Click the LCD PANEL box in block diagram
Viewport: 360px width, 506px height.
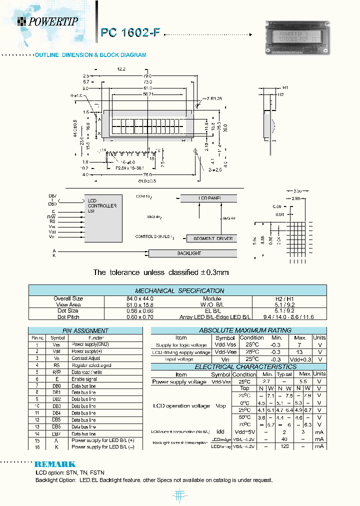click(x=209, y=198)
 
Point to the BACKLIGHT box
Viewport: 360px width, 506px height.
click(x=189, y=253)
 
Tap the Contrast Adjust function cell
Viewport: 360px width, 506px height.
click(x=86, y=358)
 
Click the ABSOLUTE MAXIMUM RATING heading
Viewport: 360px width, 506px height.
click(x=238, y=330)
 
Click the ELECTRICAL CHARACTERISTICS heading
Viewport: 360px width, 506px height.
click(x=238, y=366)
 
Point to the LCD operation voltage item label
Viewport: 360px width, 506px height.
click(x=181, y=405)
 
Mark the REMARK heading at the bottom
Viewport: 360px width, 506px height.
click(x=55, y=464)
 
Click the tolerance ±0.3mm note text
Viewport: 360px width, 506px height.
click(x=161, y=272)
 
